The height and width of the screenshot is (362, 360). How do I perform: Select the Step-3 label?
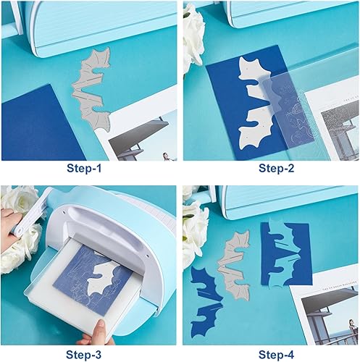point(89,355)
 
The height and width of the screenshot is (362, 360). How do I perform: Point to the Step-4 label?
point(270,355)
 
